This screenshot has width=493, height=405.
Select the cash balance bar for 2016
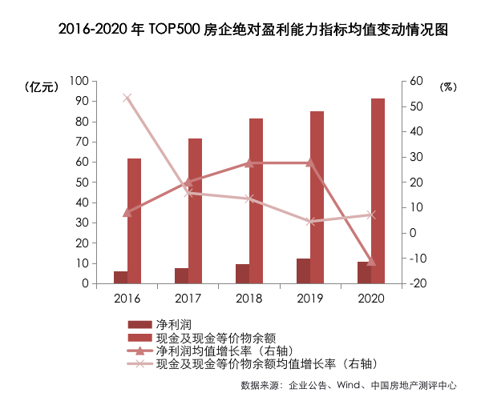(134, 221)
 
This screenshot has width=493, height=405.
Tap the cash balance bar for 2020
(378, 190)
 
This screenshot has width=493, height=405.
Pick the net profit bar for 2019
(303, 271)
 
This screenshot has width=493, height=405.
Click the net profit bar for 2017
(181, 275)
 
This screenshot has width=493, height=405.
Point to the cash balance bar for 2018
(256, 201)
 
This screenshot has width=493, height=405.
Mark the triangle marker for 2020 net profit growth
(370, 261)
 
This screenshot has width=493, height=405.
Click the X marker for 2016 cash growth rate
(127, 98)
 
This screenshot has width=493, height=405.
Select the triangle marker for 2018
(249, 162)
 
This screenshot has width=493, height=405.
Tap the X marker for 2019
(310, 222)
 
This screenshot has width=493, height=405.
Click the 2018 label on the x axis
(249, 298)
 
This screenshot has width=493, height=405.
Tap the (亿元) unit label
(42, 87)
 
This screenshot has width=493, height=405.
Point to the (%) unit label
(447, 87)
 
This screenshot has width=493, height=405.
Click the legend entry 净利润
(174, 323)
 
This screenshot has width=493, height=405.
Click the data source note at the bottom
(348, 385)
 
